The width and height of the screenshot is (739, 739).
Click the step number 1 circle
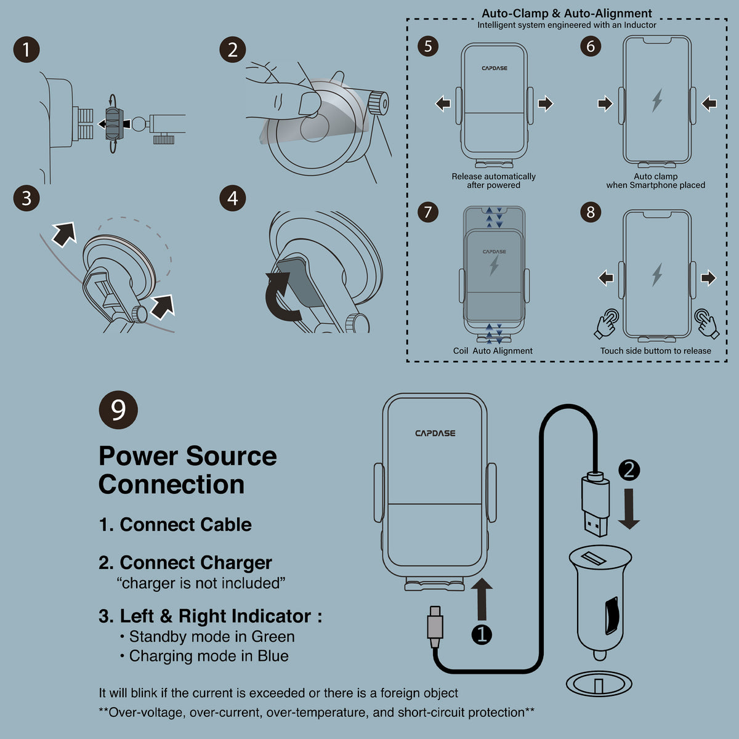[x=26, y=50]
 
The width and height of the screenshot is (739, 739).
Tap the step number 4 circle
[x=233, y=198]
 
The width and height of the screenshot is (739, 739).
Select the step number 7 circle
[x=428, y=212]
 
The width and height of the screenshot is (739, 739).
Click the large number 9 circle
[x=118, y=410]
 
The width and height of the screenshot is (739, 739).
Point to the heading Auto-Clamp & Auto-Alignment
[x=567, y=13]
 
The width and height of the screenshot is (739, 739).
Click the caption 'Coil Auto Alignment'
[x=493, y=351]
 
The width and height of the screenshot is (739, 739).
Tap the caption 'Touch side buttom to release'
[x=655, y=351]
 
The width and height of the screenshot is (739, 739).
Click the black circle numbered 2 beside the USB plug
[x=629, y=470]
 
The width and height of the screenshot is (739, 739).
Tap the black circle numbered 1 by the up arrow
[x=482, y=634]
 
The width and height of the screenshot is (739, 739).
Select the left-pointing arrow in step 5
[x=443, y=103]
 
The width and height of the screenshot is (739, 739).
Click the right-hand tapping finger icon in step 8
[x=706, y=323]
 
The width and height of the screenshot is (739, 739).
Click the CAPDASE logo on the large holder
[x=435, y=433]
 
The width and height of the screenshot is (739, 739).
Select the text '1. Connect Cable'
[x=175, y=525]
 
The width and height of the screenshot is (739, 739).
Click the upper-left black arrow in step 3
[x=63, y=233]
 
